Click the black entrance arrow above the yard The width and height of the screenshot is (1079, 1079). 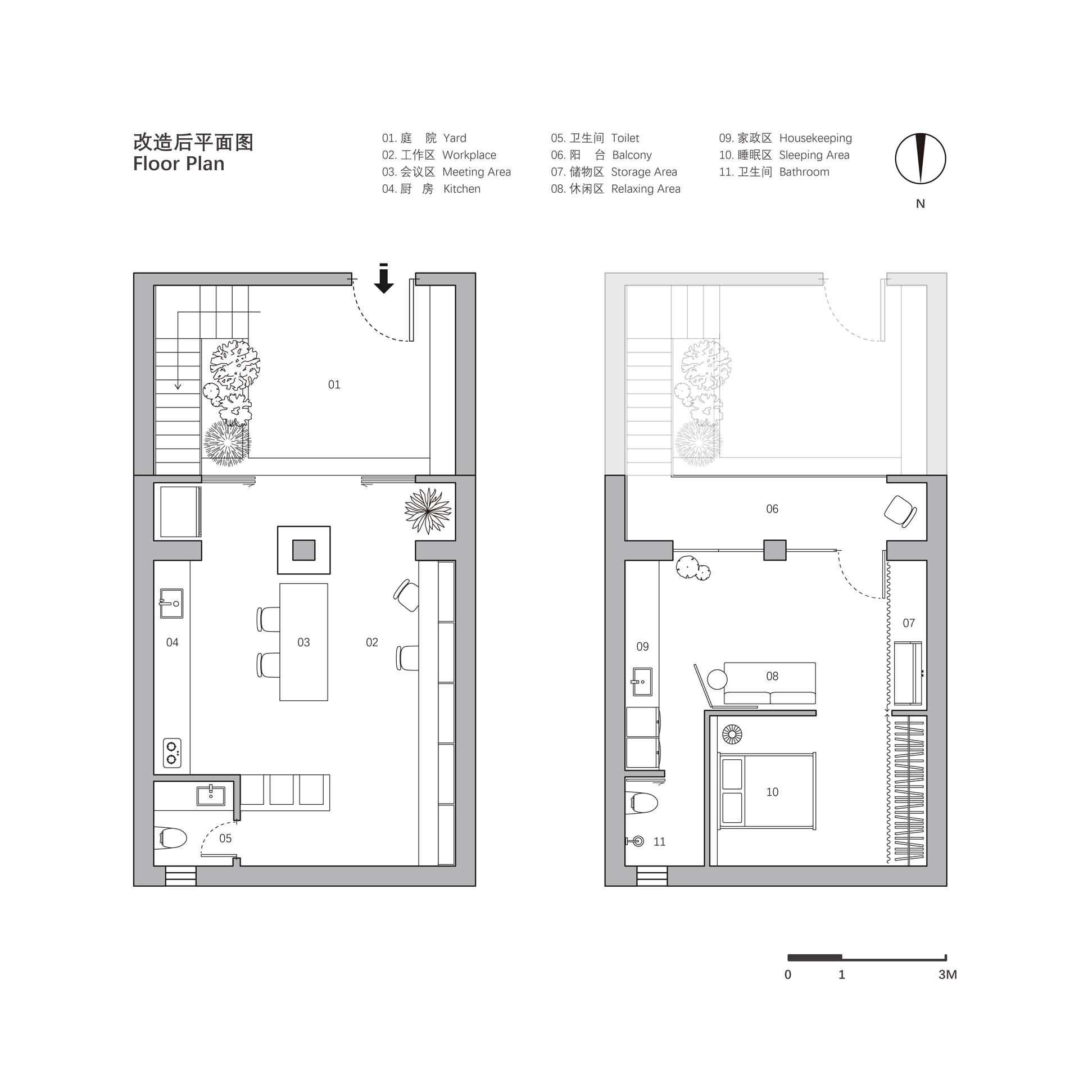384,279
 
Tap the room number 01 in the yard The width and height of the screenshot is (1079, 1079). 334,385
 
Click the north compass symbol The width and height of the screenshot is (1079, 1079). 920,159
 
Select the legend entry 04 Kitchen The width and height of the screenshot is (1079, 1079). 431,189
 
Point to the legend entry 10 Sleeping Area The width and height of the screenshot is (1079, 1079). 784,155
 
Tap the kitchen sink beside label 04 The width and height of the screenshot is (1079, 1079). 171,604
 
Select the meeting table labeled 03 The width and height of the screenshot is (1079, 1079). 303,642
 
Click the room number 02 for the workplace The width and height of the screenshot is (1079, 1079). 372,642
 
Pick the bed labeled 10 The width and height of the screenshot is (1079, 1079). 767,791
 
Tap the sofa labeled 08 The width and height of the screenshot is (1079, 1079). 770,683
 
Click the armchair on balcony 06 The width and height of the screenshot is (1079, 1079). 900,511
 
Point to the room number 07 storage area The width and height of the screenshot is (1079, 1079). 909,623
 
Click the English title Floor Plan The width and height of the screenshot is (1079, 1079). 179,164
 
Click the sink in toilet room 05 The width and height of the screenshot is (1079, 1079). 211,796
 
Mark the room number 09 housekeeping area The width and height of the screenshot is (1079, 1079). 642,647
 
